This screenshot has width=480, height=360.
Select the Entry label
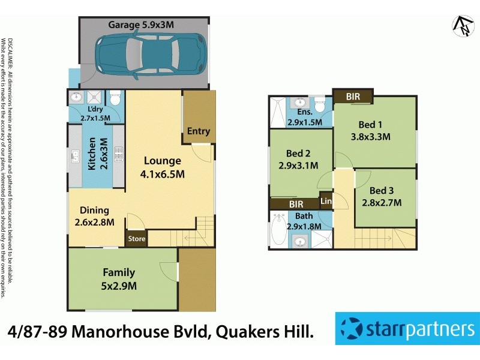tap(199, 131)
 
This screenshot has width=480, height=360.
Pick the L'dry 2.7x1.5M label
tap(95, 114)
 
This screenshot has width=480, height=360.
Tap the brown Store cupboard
tap(136, 239)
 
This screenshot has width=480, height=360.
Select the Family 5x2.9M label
tap(119, 279)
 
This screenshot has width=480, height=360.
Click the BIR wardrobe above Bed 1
tap(353, 96)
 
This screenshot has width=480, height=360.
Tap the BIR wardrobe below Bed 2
tap(296, 205)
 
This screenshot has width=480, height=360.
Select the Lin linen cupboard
tap(326, 202)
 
